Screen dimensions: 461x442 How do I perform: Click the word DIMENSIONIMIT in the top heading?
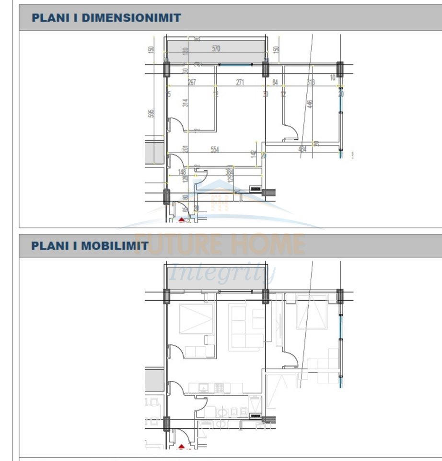tap(131, 18)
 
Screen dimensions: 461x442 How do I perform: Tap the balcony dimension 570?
tap(216, 49)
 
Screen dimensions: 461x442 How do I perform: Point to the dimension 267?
tap(192, 83)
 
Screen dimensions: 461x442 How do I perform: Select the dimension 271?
tap(240, 83)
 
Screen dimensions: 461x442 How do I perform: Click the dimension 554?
tap(214, 150)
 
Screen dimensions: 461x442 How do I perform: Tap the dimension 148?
tap(182, 171)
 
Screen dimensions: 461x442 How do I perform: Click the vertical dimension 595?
tap(151, 113)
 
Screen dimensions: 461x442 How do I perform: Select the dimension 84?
tap(275, 83)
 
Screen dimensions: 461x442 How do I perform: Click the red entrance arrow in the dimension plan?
tap(182, 219)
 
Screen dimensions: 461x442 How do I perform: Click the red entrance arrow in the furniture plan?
tap(182, 447)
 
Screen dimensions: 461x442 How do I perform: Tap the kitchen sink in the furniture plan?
tap(204, 387)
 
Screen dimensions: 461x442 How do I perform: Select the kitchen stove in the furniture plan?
tap(219, 387)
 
